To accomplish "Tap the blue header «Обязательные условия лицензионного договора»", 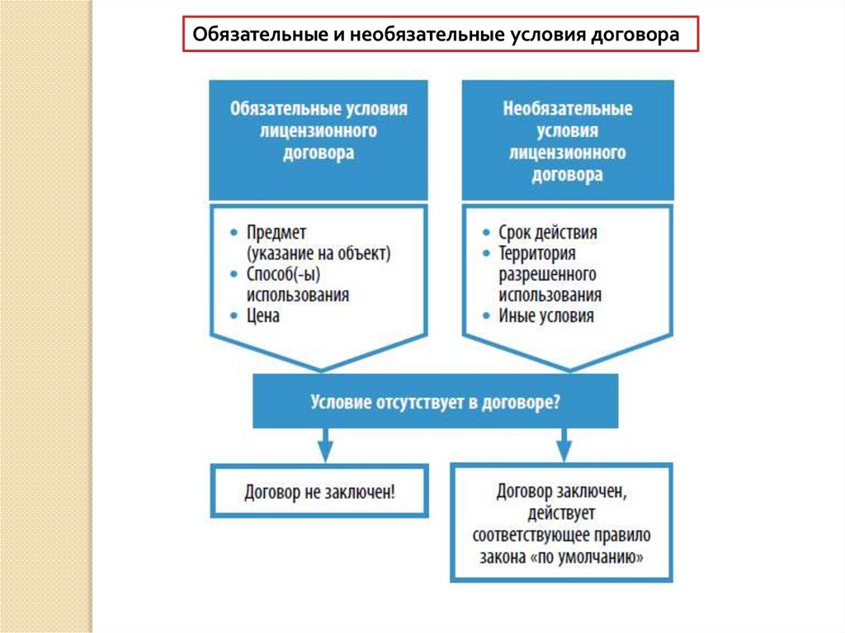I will [x=319, y=131].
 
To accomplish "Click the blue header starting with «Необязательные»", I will [x=567, y=141].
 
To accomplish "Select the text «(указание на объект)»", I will [x=318, y=253].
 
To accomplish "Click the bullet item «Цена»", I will [x=263, y=316].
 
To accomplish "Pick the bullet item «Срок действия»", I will [x=547, y=233].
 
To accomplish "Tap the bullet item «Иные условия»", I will [x=545, y=316].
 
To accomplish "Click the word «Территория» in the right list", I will [x=537, y=253].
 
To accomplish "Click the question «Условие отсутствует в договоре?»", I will [x=435, y=403].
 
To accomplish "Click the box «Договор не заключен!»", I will [x=319, y=493].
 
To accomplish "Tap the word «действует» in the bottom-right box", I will [x=562, y=514].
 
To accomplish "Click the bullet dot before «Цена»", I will [x=236, y=316].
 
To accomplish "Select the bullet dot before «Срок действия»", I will [x=488, y=233].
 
